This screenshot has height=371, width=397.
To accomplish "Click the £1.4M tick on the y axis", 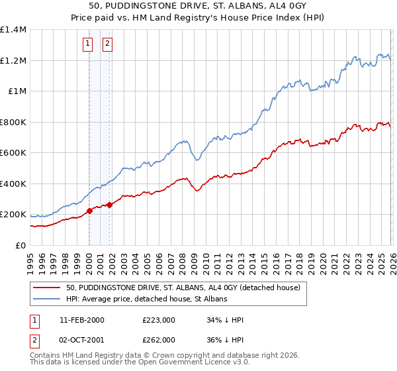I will tap(13, 30).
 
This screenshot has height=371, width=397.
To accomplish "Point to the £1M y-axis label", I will tap(17, 91).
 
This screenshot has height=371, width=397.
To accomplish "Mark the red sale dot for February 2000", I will tap(89, 211).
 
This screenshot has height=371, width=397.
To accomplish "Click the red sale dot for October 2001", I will tap(109, 205).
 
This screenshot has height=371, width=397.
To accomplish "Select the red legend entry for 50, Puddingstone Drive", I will tap(183, 288).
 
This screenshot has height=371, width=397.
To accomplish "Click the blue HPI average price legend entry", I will tap(146, 299).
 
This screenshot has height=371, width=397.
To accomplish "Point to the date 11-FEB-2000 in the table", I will tap(81, 320).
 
